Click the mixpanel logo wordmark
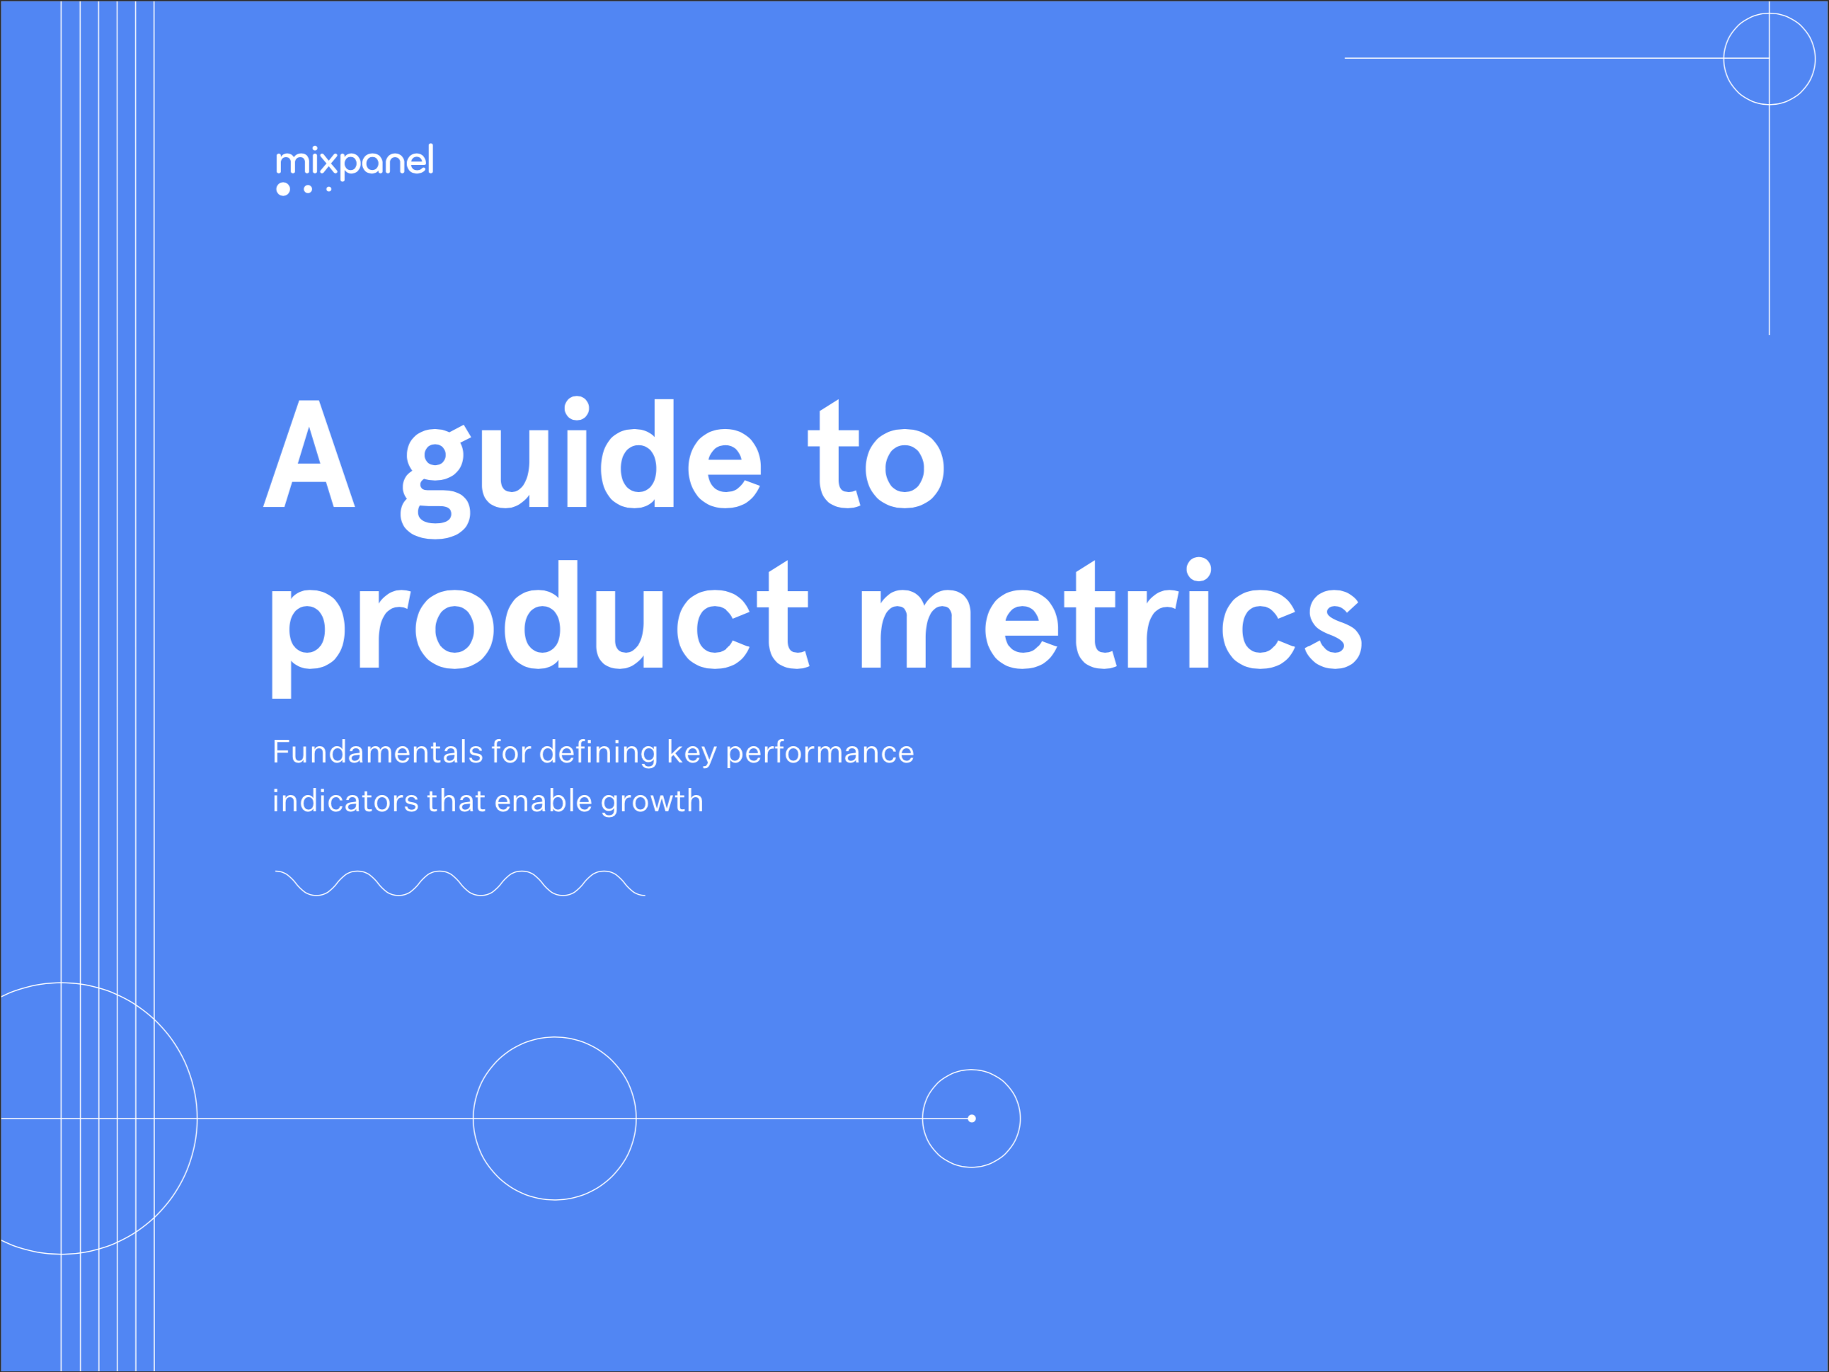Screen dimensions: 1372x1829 coord(354,161)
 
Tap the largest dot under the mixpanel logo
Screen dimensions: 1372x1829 coord(283,190)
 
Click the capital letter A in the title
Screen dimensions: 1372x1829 coord(309,455)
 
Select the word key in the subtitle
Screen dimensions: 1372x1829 coord(692,753)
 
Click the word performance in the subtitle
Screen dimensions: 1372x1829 coord(820,753)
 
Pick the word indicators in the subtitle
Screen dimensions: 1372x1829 coord(345,801)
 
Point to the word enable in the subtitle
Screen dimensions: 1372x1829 coord(542,801)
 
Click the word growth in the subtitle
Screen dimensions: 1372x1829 coord(652,802)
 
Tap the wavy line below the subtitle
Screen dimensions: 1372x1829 coord(460,884)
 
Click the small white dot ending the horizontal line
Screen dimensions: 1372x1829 coord(972,1118)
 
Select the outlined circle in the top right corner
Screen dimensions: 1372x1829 coord(1769,59)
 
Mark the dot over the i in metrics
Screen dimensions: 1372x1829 coord(1198,569)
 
